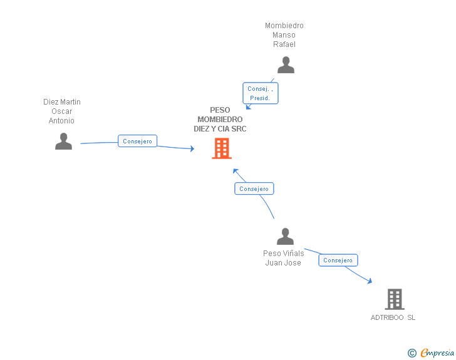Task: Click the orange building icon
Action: pyautogui.click(x=222, y=148)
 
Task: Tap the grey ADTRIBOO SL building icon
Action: pyautogui.click(x=395, y=299)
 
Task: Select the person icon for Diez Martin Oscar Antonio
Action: pyautogui.click(x=63, y=141)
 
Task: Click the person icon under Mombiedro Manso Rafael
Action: pyautogui.click(x=286, y=65)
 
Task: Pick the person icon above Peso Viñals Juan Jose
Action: pyautogui.click(x=285, y=236)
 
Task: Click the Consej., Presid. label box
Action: pyautogui.click(x=261, y=93)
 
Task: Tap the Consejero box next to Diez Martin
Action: pyautogui.click(x=137, y=141)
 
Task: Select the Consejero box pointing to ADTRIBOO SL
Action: pyautogui.click(x=338, y=260)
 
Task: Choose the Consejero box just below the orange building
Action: pyautogui.click(x=254, y=188)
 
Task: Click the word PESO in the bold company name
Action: pyautogui.click(x=220, y=110)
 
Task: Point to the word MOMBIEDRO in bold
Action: pyautogui.click(x=220, y=119)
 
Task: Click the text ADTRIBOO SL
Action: pyautogui.click(x=393, y=317)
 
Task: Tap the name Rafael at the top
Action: pyautogui.click(x=284, y=44)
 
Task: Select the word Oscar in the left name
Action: pyautogui.click(x=61, y=111)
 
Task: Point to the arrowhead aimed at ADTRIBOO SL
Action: pyautogui.click(x=370, y=281)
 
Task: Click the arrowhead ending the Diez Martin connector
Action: pyautogui.click(x=192, y=148)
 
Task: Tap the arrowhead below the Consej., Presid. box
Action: pyautogui.click(x=248, y=106)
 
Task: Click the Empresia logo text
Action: pyautogui.click(x=437, y=352)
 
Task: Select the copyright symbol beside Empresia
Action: pyautogui.click(x=412, y=353)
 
